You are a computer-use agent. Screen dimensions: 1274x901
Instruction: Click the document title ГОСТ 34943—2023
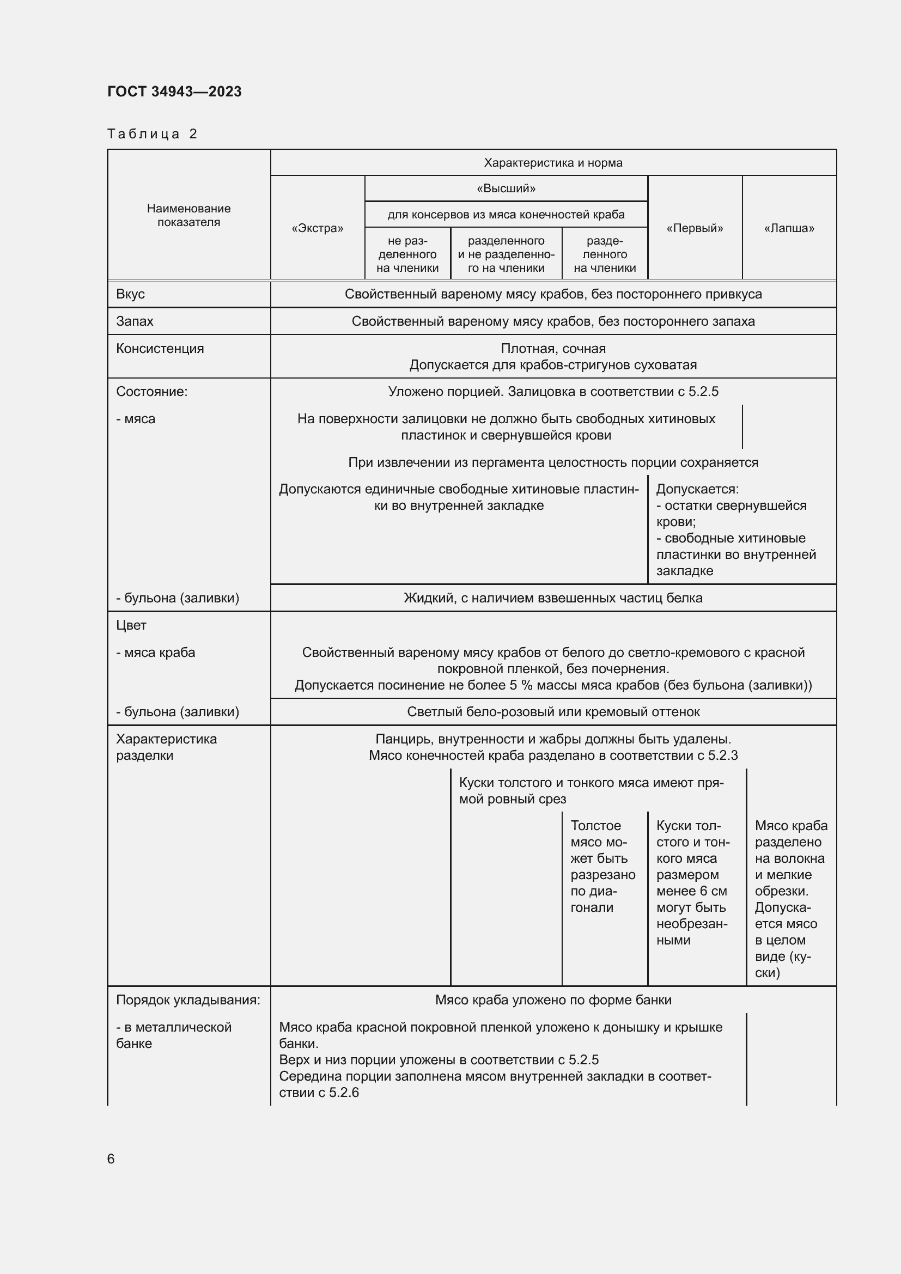click(x=174, y=92)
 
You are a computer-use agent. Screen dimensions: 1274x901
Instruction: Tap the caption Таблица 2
click(x=152, y=134)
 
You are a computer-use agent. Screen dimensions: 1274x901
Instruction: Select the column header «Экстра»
click(x=318, y=228)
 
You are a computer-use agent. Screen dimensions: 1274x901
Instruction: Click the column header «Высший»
click(x=506, y=188)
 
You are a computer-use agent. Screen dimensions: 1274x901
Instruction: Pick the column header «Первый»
click(x=695, y=228)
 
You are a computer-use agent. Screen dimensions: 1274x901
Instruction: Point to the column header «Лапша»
click(x=789, y=228)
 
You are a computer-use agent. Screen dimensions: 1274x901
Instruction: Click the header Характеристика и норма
click(x=552, y=162)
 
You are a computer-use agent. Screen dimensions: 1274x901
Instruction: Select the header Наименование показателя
click(x=188, y=215)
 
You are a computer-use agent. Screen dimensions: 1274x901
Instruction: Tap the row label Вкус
click(x=130, y=294)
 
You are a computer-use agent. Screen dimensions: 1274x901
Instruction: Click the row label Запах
click(x=135, y=321)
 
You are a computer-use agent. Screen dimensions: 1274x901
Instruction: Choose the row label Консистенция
click(x=160, y=349)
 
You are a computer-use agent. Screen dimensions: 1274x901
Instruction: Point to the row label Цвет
click(x=131, y=625)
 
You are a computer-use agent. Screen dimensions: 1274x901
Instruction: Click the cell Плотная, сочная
click(x=552, y=349)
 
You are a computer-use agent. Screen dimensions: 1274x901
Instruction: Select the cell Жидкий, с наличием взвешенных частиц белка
click(x=552, y=598)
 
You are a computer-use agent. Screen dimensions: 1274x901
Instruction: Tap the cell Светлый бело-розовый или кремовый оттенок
click(x=552, y=712)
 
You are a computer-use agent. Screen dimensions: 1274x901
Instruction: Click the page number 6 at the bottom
click(x=111, y=1159)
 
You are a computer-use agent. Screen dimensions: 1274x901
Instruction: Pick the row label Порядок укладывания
click(x=187, y=1000)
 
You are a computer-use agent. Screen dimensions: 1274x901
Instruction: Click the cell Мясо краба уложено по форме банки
click(x=552, y=1000)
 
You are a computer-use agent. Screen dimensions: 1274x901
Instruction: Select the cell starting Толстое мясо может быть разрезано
click(x=602, y=866)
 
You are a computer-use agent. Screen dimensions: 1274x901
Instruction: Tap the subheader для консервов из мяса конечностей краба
click(x=506, y=215)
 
